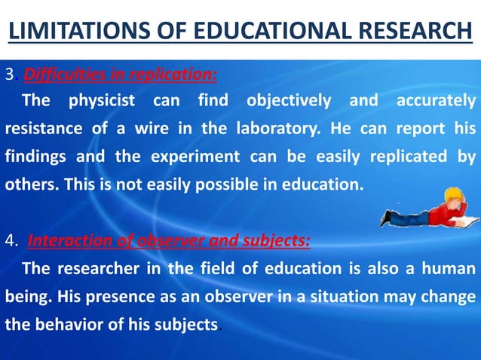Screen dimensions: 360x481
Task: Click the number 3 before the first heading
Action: (x=10, y=75)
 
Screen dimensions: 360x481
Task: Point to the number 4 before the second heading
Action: (x=11, y=242)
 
